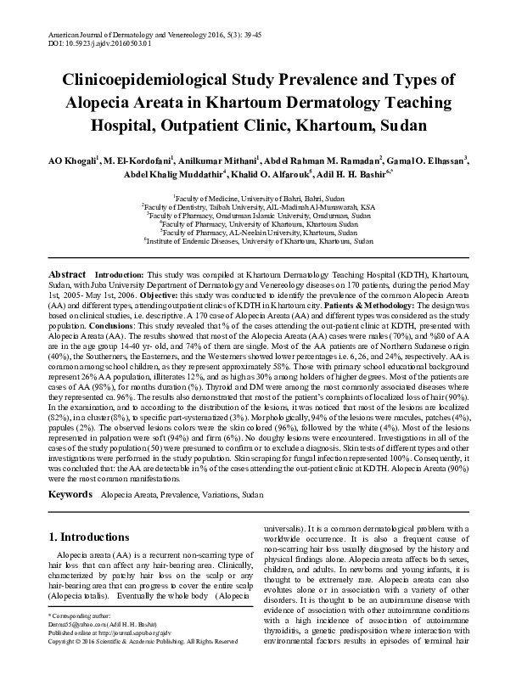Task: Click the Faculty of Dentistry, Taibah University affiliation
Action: (259, 206)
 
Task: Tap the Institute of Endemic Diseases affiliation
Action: (259, 241)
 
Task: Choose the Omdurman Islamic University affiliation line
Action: (259, 215)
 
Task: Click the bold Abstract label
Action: (67, 276)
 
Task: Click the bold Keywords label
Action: (70, 493)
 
